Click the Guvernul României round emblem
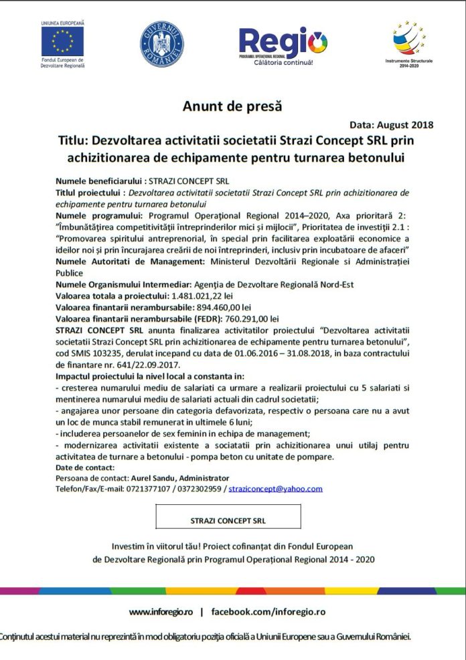tap(162, 44)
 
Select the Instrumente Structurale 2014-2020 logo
tap(409, 41)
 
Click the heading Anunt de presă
tap(232, 105)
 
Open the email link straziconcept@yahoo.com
tap(275, 489)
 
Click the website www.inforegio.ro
tap(161, 611)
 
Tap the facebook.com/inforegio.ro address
tap(268, 611)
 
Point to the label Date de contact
tap(85, 467)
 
